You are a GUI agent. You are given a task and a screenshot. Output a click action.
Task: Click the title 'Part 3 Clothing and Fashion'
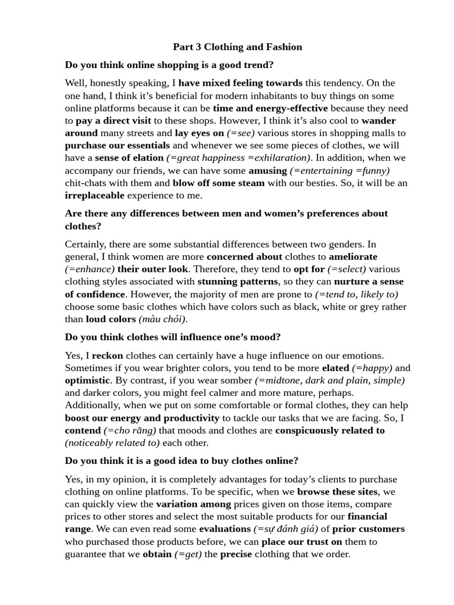[x=237, y=47]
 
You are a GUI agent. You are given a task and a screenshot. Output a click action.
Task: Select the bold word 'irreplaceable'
[x=95, y=195]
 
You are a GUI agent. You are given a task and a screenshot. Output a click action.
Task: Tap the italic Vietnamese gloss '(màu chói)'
[x=163, y=319]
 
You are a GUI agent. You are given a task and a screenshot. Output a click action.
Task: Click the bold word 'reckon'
[x=108, y=355]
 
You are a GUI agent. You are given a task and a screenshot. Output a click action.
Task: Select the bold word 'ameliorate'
[x=353, y=256]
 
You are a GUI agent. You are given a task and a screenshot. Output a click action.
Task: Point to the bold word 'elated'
[x=335, y=368]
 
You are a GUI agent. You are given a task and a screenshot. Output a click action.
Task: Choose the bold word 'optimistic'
[x=87, y=380]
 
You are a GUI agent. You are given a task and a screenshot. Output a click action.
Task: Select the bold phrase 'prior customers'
[x=369, y=529]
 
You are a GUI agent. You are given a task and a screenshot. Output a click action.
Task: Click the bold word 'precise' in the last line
[x=236, y=554]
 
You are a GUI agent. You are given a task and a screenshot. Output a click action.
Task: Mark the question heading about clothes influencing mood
[x=173, y=337]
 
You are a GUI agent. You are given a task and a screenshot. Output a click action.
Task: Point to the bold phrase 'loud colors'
[x=111, y=319]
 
